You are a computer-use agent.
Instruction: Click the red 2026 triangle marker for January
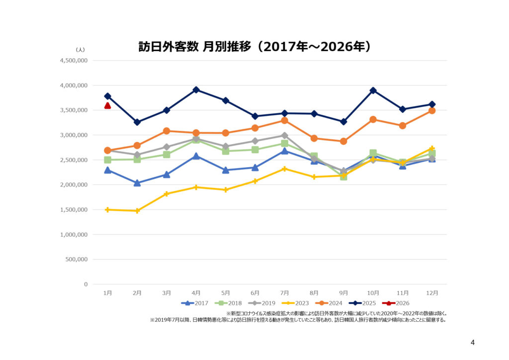(x=107, y=105)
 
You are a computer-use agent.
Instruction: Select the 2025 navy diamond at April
(x=196, y=90)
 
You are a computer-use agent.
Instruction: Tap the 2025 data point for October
(x=373, y=90)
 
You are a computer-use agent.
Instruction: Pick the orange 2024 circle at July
(x=284, y=120)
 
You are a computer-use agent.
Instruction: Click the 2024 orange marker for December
(x=432, y=110)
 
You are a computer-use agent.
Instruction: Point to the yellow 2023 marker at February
(x=137, y=211)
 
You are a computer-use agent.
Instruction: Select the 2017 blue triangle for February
(x=137, y=183)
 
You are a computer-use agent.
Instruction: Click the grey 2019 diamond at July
(x=284, y=135)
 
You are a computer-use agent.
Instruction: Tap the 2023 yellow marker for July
(x=284, y=169)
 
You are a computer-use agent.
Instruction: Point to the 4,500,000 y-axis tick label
(x=74, y=61)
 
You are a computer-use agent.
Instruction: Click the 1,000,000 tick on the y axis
(x=74, y=235)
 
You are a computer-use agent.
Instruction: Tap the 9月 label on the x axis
(x=343, y=293)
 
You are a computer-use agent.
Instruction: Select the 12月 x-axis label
(x=432, y=293)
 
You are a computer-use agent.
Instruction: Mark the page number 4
(x=472, y=342)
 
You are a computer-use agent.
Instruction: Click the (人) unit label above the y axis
(x=80, y=50)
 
